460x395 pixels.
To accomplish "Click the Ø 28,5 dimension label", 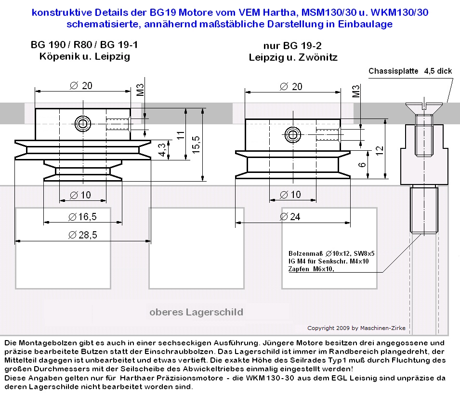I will (x=83, y=235).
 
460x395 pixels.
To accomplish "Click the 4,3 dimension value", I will (x=162, y=149).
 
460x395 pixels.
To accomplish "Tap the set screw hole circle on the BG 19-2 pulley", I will (x=292, y=133).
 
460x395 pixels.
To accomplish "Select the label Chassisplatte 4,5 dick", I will (x=410, y=71).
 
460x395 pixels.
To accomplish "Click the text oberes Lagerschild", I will (x=196, y=312).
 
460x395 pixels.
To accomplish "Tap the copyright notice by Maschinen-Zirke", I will (x=356, y=328).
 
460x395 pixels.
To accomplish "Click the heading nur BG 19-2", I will (x=292, y=46).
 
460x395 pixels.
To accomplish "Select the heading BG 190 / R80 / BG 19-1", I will (x=84, y=45).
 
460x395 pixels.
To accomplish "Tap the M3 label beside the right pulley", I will (x=356, y=92).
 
